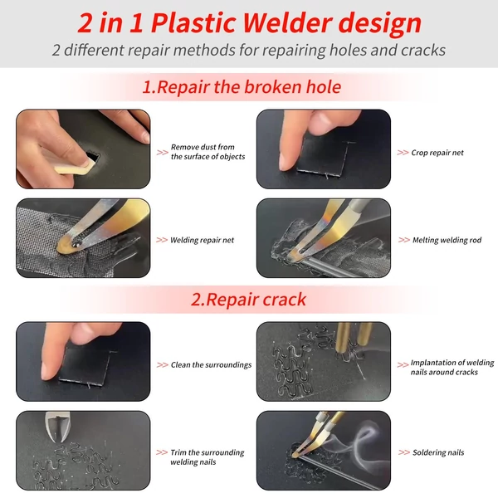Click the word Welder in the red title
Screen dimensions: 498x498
pos(287,23)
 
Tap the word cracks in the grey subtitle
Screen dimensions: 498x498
pos(423,50)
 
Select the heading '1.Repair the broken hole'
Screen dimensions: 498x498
pos(242,87)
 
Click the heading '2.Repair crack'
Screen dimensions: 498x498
pos(248,300)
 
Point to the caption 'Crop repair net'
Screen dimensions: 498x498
pos(437,153)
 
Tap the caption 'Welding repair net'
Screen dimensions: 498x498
pos(202,240)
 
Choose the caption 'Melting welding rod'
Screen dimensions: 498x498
pos(447,240)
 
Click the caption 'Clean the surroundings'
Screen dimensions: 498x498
pos(211,365)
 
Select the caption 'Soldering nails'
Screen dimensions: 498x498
pos(438,452)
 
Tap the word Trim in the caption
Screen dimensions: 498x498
pos(178,452)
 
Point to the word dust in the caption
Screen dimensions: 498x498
pos(208,147)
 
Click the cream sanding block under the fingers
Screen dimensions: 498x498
pos(76,166)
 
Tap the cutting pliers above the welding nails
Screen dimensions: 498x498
pos(57,427)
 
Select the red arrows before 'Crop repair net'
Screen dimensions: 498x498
pos(403,153)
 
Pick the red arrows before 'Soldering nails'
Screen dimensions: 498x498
pos(404,452)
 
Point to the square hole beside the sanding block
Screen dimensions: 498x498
pos(92,155)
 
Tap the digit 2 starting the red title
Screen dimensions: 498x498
pos(85,23)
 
